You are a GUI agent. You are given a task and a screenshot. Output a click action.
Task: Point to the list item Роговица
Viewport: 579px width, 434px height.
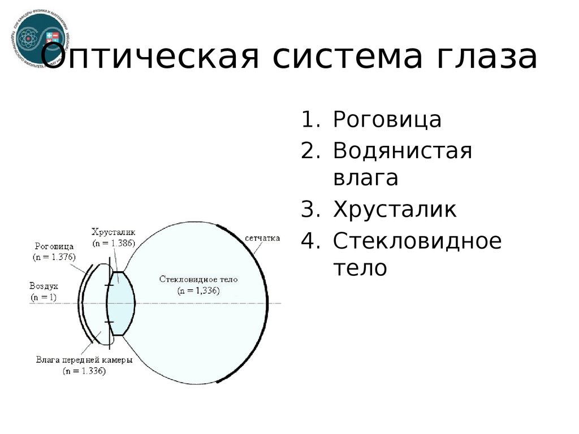[387, 120]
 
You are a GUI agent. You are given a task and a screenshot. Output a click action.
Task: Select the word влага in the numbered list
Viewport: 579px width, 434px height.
[365, 178]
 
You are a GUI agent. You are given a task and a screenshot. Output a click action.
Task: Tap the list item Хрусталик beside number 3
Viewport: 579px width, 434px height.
[394, 209]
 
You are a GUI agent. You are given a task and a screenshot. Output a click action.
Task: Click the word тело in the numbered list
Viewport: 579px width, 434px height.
[360, 268]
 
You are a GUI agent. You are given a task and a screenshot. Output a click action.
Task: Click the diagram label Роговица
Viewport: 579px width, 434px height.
[54, 246]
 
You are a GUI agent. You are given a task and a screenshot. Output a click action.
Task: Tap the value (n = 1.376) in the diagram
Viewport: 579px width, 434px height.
[54, 256]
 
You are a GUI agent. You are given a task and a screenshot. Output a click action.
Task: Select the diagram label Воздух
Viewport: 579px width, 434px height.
[44, 286]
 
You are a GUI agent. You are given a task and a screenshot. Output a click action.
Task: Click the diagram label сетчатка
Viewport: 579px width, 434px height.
[263, 238]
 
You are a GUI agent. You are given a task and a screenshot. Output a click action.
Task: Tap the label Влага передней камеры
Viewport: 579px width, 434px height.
[84, 360]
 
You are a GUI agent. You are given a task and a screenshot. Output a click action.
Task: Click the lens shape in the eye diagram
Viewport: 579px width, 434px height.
[121, 303]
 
